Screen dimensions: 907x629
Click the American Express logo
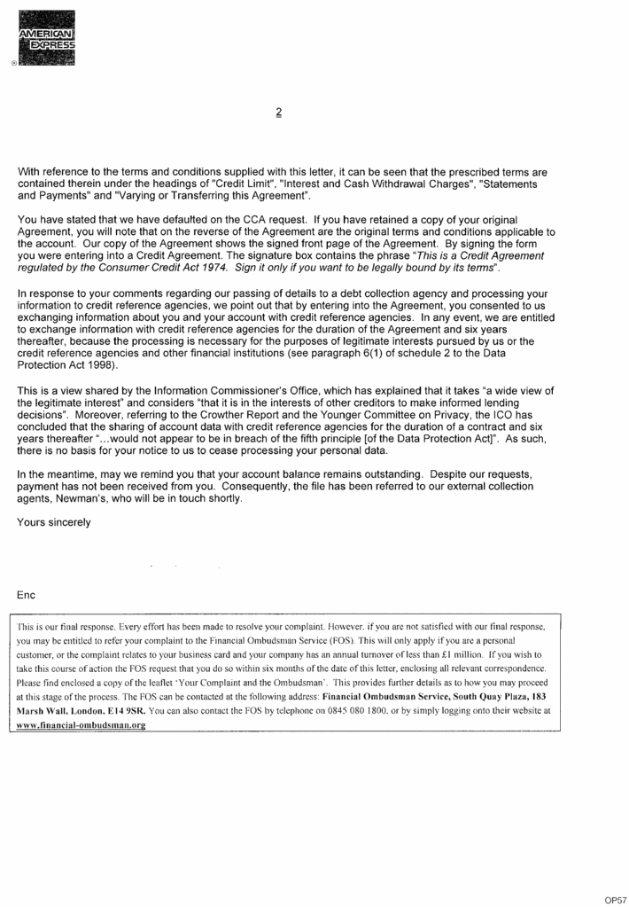pos(45,37)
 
